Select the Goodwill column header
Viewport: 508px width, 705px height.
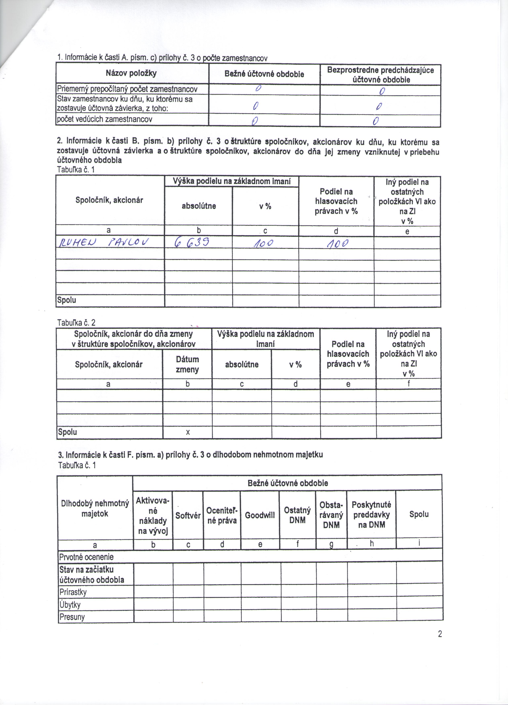coord(260,515)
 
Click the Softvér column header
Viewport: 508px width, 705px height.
coord(188,516)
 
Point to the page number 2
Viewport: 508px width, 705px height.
coord(440,634)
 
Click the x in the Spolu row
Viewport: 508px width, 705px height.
coord(188,432)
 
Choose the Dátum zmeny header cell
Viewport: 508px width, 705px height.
coord(187,364)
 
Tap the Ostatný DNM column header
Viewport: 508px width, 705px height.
coord(297,515)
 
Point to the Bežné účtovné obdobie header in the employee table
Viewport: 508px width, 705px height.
coord(264,74)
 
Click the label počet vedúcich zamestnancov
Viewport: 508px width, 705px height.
coord(104,119)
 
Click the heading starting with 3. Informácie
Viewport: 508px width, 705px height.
coord(190,455)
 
